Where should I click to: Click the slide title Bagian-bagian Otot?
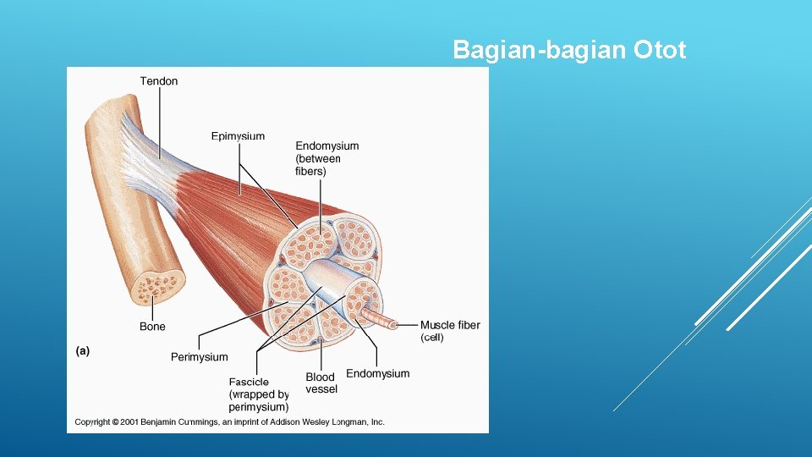pos(569,50)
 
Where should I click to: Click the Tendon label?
pos(159,81)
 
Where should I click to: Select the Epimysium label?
pos(238,136)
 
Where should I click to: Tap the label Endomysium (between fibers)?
pos(326,158)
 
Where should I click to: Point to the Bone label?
pos(152,327)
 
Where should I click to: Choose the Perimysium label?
pos(199,357)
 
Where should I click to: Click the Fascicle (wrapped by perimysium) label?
pos(258,394)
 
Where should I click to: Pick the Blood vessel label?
pos(321,383)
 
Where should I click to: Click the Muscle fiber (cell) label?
pos(450,331)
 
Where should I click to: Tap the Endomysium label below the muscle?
pos(377,373)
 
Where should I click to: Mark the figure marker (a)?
pos(82,350)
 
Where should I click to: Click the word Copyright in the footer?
pos(96,421)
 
